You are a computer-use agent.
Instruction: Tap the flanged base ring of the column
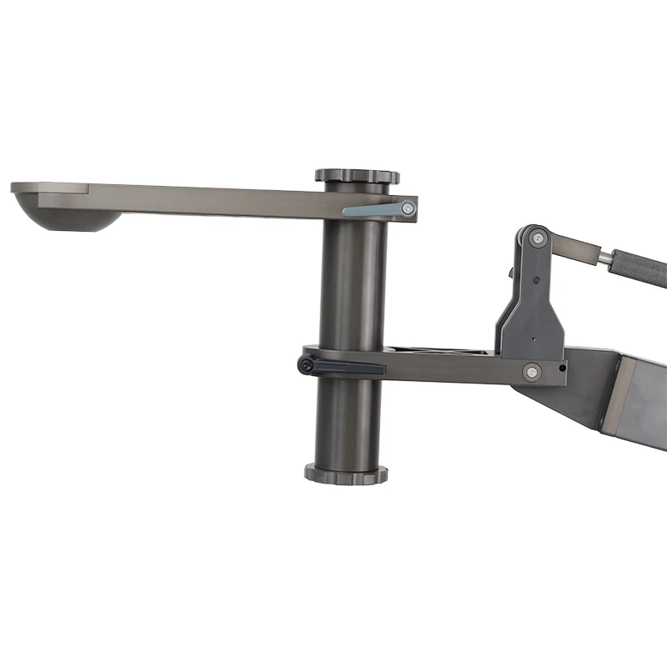(x=346, y=474)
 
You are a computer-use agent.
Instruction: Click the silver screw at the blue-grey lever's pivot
(x=408, y=208)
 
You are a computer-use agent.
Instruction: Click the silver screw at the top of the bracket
(x=539, y=240)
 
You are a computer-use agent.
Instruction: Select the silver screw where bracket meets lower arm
(x=531, y=372)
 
